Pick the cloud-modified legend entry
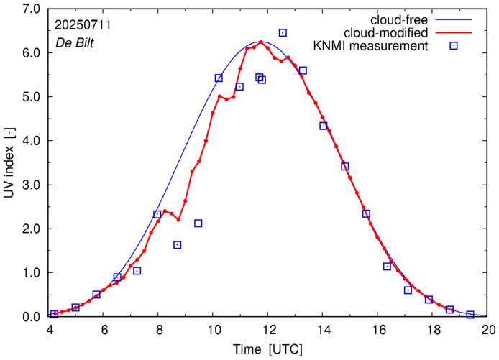388,32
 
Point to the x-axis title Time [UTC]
267,349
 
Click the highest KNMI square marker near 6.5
283,33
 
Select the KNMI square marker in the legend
454,46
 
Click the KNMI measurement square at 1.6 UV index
178,245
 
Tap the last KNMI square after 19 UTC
470,315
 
